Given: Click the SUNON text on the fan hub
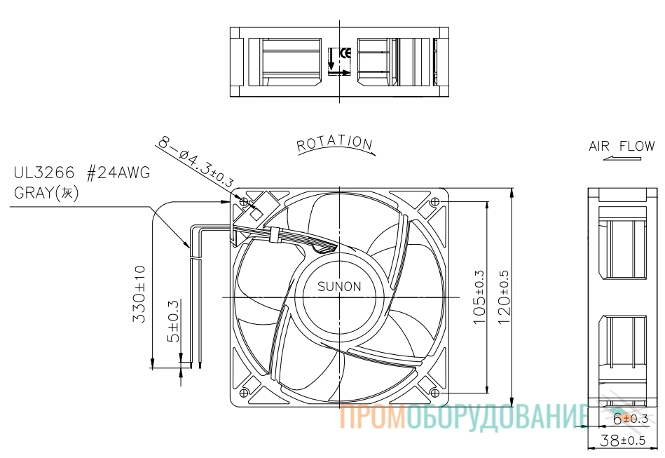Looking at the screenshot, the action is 339,287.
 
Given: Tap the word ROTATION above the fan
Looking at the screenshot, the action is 334,144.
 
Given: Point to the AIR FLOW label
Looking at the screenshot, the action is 622,146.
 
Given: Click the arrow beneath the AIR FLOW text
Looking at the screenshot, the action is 622,159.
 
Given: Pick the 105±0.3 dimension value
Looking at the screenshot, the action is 479,297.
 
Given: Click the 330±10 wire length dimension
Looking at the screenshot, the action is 139,294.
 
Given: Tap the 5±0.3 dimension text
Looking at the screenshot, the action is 174,321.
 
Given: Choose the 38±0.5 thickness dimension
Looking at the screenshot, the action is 622,440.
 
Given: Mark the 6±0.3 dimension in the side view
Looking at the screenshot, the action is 631,419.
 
